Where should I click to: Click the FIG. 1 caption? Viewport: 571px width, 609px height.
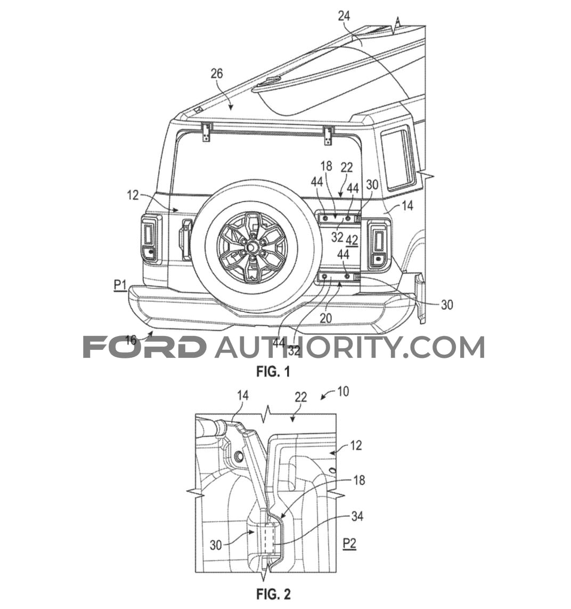point(273,372)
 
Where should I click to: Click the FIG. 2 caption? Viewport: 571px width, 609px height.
point(273,594)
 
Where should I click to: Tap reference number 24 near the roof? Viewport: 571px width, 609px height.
point(344,16)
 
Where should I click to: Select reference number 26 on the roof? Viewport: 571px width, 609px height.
point(217,73)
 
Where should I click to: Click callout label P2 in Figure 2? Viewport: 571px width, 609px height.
point(349,543)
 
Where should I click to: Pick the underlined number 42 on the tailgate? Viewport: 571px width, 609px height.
point(352,241)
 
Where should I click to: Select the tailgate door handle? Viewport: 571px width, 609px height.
point(185,239)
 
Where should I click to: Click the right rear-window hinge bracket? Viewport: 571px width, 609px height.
point(329,135)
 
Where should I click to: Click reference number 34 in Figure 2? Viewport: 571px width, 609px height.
point(357,516)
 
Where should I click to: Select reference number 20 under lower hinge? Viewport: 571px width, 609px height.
point(325,318)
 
